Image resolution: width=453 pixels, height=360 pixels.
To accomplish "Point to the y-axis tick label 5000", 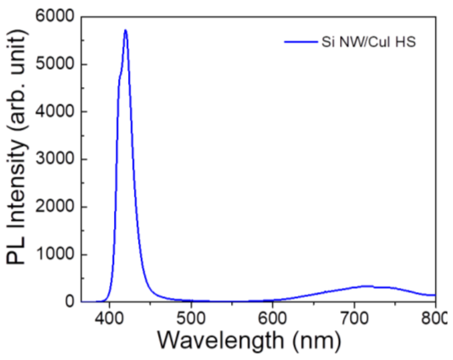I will point(55,64).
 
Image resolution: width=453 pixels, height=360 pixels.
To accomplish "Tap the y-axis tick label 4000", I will point(55,111).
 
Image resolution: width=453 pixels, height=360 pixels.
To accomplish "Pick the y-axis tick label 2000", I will point(55,207).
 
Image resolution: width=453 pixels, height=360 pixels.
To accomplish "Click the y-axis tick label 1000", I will point(55,254).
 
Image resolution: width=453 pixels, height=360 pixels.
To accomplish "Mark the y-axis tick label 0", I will point(70,301).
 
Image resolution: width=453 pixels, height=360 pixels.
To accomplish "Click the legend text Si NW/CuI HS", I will point(368,42).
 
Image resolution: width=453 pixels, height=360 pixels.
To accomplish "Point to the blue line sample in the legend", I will point(301,42).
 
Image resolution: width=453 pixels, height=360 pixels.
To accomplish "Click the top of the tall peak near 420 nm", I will point(125,30).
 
